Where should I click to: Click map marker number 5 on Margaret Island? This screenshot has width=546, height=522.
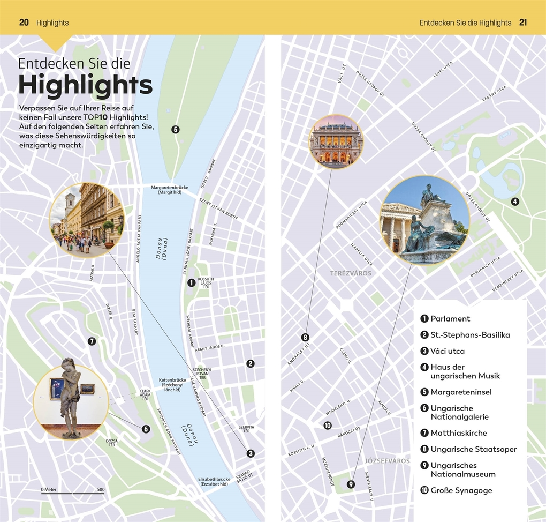175,129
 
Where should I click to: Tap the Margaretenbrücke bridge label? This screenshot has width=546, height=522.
170,190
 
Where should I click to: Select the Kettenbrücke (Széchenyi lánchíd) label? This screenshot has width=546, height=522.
171,385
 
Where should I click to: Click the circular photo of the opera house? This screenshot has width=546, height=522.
336,141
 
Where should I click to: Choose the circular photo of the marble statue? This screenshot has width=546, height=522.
71,402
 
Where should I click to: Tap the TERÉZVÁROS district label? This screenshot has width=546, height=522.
350,273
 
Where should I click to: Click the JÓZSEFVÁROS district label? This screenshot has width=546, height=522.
386,461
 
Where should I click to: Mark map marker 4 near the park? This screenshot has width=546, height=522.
514,202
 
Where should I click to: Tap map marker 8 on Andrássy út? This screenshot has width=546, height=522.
305,337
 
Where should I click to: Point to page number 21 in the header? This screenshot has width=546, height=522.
523,23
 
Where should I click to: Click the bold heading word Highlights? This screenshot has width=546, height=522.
85,85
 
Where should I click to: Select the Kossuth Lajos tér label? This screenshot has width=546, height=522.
206,283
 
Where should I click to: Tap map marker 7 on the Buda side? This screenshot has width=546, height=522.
92,341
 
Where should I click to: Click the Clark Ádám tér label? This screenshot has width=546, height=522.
145,395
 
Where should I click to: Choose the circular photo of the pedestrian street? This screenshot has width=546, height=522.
87,220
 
